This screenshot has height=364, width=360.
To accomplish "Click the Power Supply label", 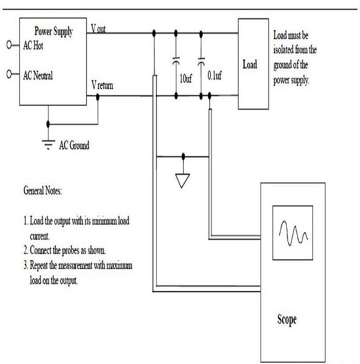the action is coord(53,32).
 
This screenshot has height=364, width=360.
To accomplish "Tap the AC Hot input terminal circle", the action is coord(9,44).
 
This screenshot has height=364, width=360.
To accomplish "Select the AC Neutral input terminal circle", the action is coord(9,74).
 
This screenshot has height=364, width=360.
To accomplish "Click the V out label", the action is coord(98,29).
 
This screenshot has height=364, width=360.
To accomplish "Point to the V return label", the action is coord(102,85).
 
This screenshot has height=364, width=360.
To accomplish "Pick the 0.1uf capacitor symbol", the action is coord(201,61).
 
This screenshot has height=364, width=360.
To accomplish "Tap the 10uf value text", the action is coord(186,79).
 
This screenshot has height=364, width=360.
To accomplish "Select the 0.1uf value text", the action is coord(214,75).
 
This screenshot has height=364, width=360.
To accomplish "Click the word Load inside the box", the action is coord(250,64).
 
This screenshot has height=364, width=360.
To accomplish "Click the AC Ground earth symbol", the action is coord(49,144).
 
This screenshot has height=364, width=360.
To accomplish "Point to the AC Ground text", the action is coord(74,146).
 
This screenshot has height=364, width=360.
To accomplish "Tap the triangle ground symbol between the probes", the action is coord(183,181).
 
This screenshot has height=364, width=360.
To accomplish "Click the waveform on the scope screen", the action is coord(294,233).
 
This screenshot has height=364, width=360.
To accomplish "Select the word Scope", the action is coord(287,320).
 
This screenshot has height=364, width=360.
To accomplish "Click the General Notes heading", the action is coord(42,191).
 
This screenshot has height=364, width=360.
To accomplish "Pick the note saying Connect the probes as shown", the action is coord(64,251).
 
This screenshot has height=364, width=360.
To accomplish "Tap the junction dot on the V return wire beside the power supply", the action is coord(98,96).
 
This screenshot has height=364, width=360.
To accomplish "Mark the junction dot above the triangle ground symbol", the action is coord(183,157).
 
